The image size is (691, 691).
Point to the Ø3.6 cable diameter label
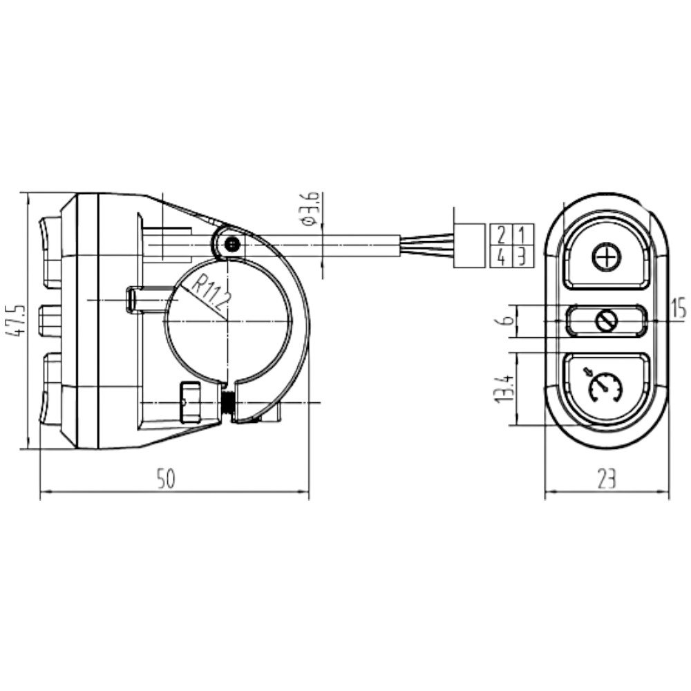click(312, 209)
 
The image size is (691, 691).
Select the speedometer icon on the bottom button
click(605, 387)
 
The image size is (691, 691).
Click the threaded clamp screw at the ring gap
click(227, 403)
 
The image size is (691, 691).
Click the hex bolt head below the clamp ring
click(189, 402)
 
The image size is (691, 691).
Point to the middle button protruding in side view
click(49, 321)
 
